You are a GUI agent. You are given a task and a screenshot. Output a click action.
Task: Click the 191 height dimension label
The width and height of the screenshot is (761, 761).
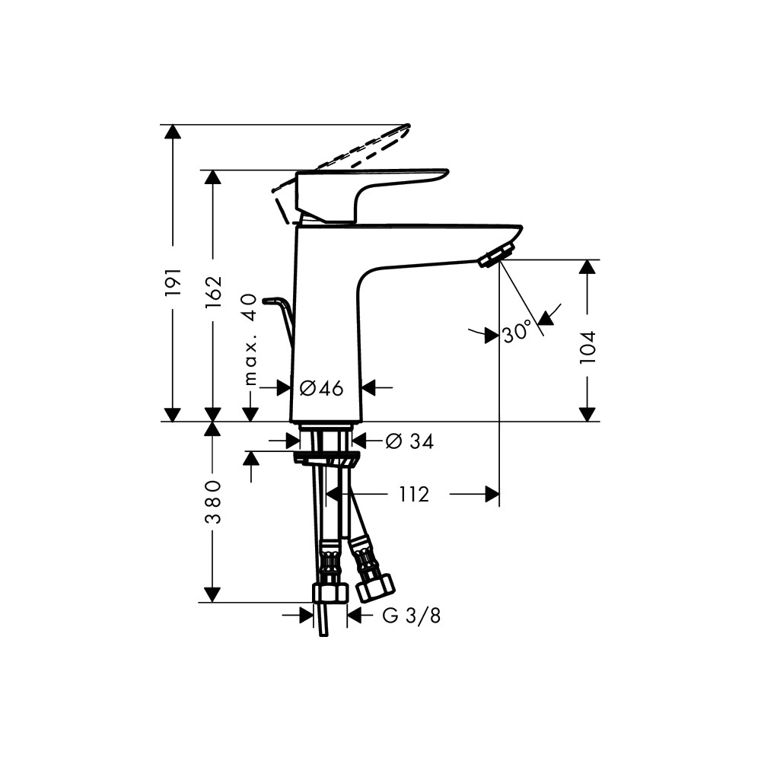click(173, 282)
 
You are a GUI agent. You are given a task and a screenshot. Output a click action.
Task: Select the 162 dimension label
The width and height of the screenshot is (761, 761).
click(213, 291)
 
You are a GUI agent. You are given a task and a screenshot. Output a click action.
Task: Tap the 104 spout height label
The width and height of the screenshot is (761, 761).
click(587, 348)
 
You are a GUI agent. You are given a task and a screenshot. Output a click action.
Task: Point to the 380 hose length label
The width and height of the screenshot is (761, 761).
click(213, 501)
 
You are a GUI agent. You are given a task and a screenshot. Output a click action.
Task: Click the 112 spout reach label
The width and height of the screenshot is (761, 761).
click(414, 495)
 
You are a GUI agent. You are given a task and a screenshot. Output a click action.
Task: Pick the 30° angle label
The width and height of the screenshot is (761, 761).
click(515, 333)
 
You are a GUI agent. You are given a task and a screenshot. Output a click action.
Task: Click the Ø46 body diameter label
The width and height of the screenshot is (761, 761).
click(321, 388)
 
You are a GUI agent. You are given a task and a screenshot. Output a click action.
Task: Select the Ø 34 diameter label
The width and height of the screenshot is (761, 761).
click(409, 441)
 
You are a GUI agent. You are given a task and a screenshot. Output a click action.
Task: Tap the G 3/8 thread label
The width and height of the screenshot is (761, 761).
click(412, 616)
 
